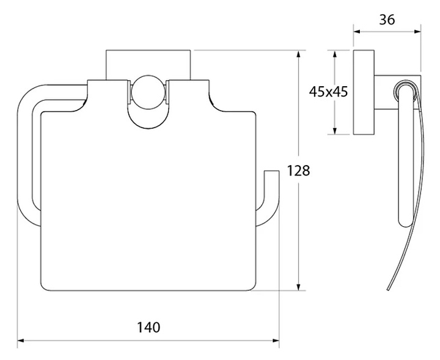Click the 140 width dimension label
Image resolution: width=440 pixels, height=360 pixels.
[148, 327]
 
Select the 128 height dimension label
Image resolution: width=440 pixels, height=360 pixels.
[298, 171]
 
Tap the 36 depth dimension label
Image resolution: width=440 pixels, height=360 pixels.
[387, 20]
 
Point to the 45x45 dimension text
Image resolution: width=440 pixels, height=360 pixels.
[328, 92]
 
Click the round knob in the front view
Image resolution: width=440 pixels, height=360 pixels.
[148, 92]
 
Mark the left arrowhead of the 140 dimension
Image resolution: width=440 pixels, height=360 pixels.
[21, 340]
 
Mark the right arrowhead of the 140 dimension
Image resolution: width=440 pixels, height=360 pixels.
[276, 340]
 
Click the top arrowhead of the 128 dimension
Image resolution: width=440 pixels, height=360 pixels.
[299, 54]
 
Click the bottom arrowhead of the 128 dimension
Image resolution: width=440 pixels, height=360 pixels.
[299, 287]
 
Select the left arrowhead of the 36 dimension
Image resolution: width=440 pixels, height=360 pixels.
[357, 31]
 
